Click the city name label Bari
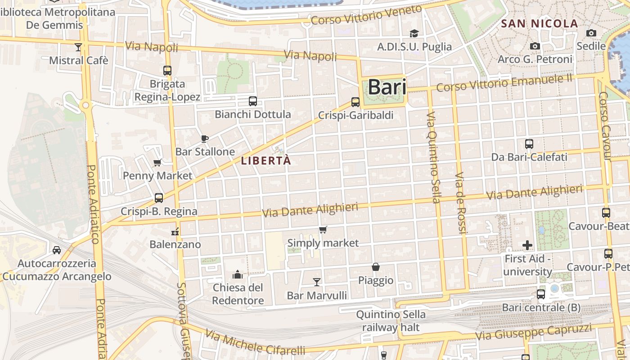point(387,87)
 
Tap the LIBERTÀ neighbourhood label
point(266,161)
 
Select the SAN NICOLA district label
point(539,24)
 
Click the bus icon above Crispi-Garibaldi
point(355,102)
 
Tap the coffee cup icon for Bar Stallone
point(205,139)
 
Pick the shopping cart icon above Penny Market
point(157,162)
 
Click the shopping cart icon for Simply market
point(323,230)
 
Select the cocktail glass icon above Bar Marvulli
point(317,282)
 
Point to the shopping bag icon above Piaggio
point(376,267)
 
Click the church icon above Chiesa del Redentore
point(237,274)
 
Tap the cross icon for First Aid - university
point(527,245)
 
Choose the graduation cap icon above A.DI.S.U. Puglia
point(414,33)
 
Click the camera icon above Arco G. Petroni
point(535,46)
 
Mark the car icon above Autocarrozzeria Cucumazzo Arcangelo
point(57,250)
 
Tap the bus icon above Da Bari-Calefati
point(529,144)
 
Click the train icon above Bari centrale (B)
point(541,294)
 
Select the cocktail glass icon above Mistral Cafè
point(78,47)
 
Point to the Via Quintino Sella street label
point(433,157)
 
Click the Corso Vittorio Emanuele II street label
point(504,83)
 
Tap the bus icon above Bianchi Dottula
point(253,101)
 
